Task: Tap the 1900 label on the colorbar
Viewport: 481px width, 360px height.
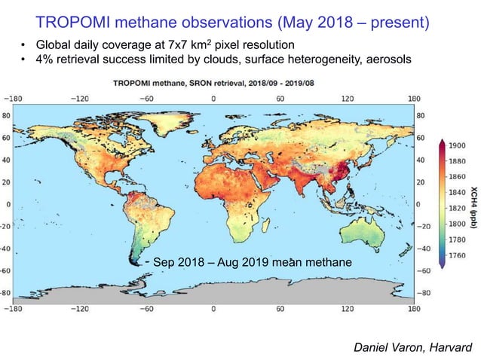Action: click(456, 145)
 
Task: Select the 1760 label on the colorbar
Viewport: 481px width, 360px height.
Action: click(456, 255)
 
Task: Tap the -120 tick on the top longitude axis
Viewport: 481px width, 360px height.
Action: click(78, 97)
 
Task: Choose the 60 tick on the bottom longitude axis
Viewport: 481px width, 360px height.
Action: click(281, 307)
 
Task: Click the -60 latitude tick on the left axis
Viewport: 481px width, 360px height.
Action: click(7, 270)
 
